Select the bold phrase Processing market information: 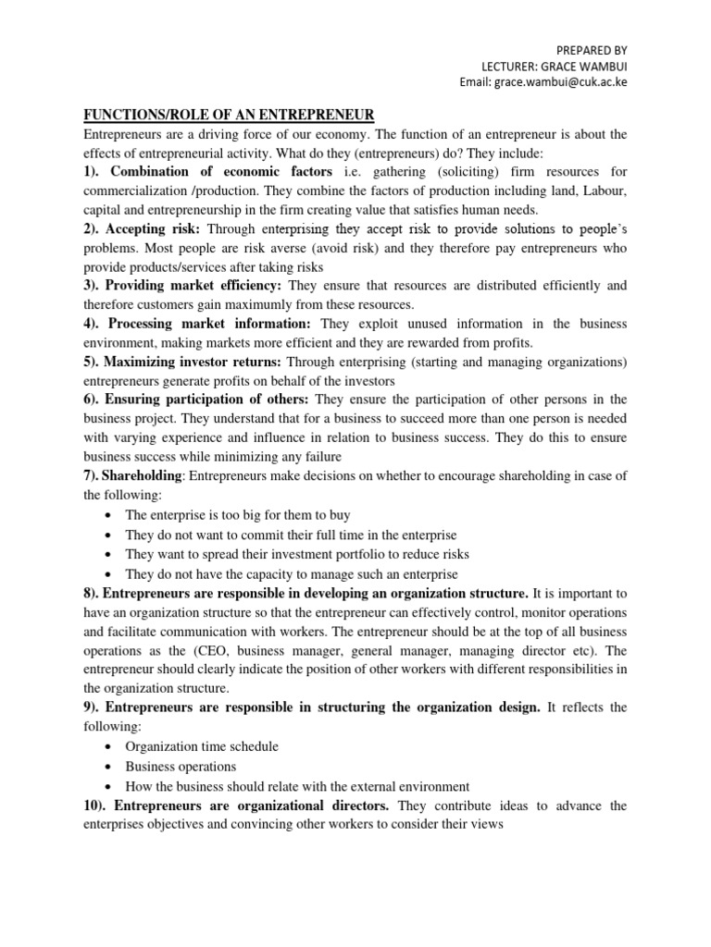(211, 324)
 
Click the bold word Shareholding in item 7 (144, 476)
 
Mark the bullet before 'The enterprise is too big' (110, 515)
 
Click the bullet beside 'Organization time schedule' (110, 746)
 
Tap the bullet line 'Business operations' (181, 767)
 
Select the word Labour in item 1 (601, 190)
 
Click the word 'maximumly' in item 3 (264, 304)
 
